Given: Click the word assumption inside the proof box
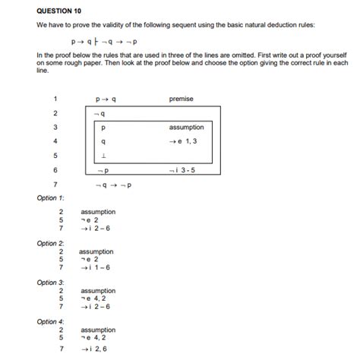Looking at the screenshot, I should coord(186,128).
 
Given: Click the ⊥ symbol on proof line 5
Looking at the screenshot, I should coord(103,155).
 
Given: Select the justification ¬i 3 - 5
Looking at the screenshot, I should coord(182,169).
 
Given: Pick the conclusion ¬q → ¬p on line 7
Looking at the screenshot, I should coord(114,185).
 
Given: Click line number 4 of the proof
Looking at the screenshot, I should coord(56,141).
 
